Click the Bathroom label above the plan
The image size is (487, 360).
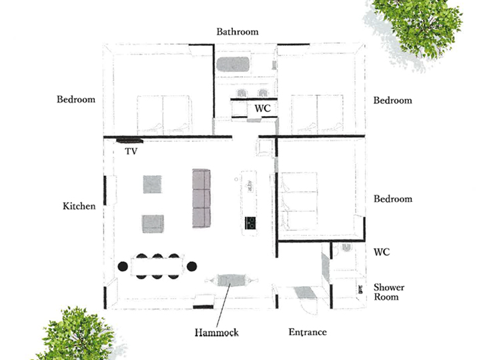tap(237, 31)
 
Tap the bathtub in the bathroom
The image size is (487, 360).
tap(233, 64)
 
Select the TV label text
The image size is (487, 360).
tap(131, 151)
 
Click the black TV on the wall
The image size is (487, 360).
tap(130, 140)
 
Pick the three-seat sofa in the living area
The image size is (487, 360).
tap(201, 198)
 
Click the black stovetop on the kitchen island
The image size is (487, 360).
tap(250, 223)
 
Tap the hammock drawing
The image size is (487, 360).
tap(231, 280)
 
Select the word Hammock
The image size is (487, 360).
tap(216, 333)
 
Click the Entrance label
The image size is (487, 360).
tap(308, 332)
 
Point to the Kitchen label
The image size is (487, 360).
tap(79, 206)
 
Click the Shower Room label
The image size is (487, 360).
tap(389, 292)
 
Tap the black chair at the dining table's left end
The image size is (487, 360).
tap(123, 266)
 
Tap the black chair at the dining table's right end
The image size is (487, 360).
tap(191, 266)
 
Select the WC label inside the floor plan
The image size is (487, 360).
tap(262, 108)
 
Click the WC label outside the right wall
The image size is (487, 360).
tap(382, 252)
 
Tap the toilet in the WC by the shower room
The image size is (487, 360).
tap(346, 247)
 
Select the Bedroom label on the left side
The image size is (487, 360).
tap(76, 99)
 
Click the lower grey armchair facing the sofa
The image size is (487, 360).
tap(153, 224)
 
